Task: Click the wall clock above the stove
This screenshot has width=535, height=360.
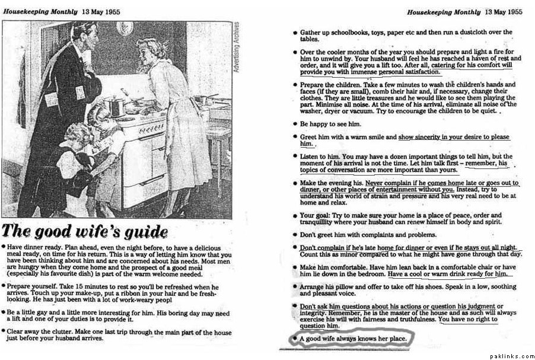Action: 125,28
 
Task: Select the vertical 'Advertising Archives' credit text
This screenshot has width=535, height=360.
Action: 237,47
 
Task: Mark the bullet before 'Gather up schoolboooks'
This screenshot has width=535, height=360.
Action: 295,32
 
